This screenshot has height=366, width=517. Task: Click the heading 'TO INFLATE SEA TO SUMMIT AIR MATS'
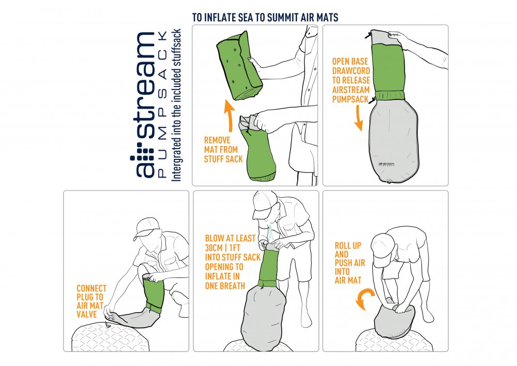click(265, 17)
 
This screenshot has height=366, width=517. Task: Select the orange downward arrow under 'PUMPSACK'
click(359, 119)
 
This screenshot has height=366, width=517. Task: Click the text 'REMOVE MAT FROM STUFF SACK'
click(223, 150)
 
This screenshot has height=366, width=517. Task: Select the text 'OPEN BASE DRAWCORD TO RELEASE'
click(351, 70)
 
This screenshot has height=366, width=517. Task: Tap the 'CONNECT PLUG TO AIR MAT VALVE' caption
click(92, 301)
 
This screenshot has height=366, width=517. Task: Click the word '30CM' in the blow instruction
click(214, 248)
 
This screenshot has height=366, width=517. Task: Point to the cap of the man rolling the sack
click(383, 250)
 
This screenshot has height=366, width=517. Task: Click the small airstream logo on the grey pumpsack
click(386, 164)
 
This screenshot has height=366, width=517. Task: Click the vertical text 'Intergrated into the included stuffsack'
click(176, 105)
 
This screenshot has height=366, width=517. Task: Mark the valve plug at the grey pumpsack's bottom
click(389, 181)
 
